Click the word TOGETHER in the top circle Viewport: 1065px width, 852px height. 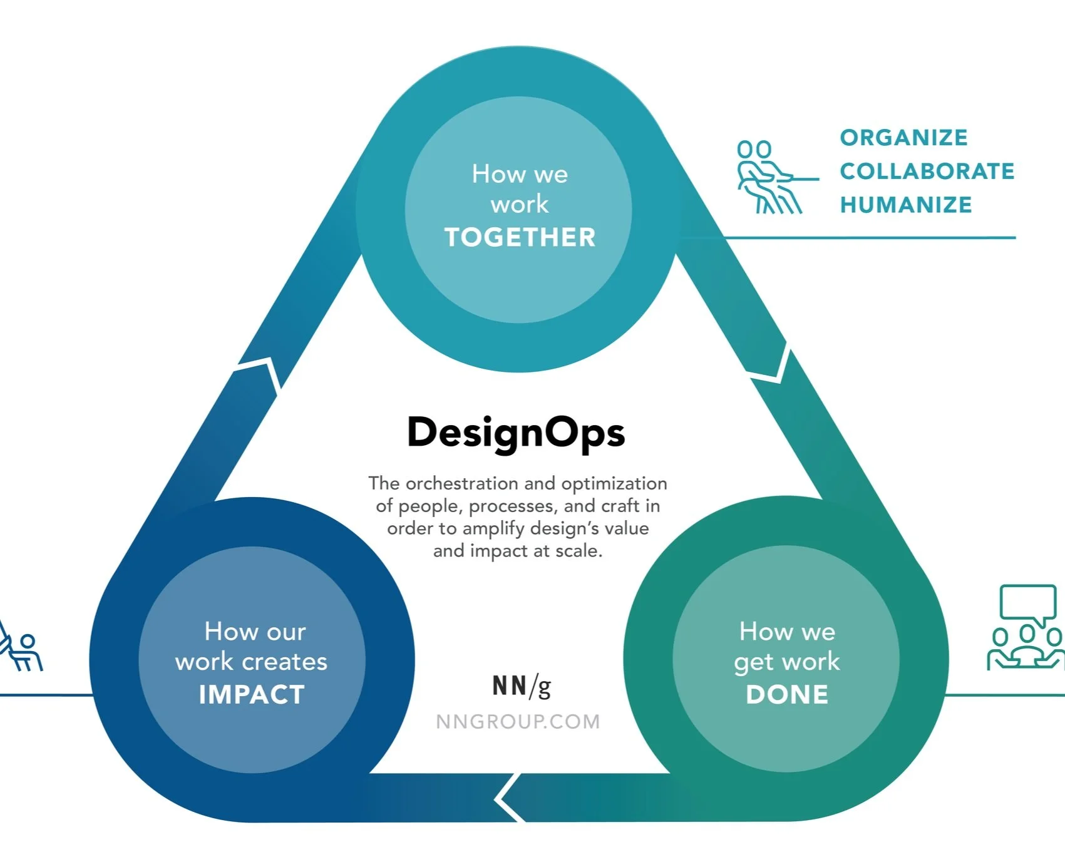[x=520, y=237]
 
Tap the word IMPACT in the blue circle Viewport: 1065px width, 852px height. [x=252, y=695]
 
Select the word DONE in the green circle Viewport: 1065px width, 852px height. [x=787, y=695]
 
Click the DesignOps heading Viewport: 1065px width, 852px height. [x=516, y=433]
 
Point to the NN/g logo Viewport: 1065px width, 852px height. [x=522, y=686]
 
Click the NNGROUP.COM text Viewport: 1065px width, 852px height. [x=518, y=722]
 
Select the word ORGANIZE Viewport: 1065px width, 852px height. [x=903, y=138]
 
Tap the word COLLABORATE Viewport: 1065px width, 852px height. [x=927, y=171]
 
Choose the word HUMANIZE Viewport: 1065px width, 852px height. [x=906, y=205]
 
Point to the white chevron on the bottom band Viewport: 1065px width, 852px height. [x=508, y=798]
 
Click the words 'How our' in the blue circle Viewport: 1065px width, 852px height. [x=255, y=632]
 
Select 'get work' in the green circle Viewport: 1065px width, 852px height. [x=786, y=662]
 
